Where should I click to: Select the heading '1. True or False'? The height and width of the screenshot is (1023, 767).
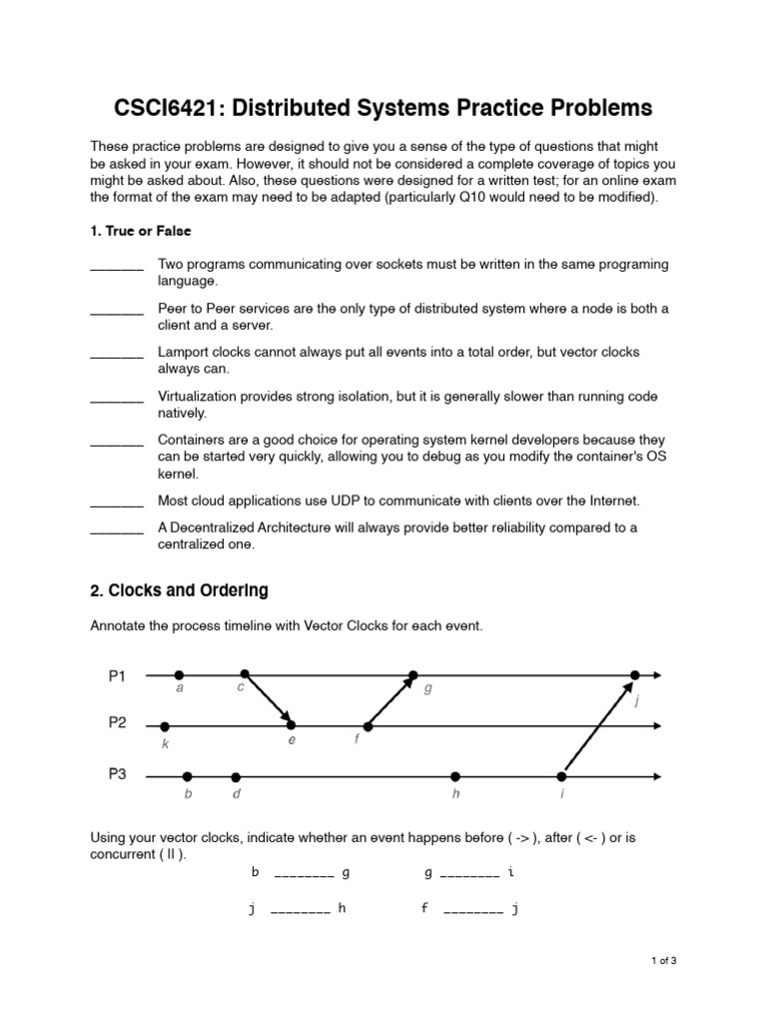click(140, 231)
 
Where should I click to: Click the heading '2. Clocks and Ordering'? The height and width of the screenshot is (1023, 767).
click(179, 590)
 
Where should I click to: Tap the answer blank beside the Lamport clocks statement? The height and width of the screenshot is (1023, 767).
click(117, 354)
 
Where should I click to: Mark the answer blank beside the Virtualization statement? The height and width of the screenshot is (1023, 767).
click(117, 398)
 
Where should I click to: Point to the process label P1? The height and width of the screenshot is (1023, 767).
click(118, 676)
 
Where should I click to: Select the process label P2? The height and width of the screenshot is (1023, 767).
click(118, 722)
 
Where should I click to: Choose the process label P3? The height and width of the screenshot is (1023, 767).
click(118, 773)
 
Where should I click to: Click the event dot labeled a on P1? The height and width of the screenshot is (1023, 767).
click(179, 675)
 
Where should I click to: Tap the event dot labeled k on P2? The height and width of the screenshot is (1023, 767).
click(165, 726)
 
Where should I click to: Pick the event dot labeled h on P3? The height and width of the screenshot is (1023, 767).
click(455, 776)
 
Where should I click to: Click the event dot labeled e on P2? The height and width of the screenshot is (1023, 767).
click(292, 726)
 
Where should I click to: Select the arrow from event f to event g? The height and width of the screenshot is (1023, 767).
click(390, 701)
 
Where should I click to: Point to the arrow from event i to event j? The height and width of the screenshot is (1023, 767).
click(598, 726)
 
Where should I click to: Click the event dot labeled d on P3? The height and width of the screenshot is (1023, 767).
click(236, 776)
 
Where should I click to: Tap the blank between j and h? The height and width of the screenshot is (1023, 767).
click(300, 911)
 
